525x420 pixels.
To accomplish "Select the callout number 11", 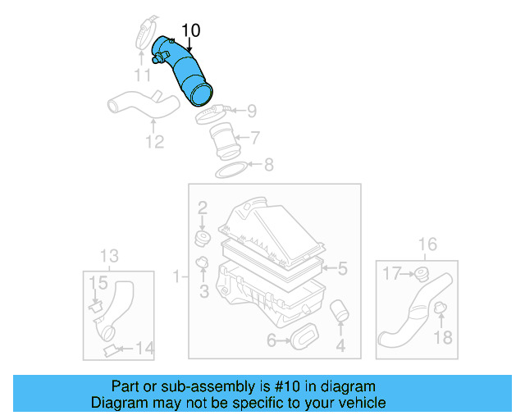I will [x=143, y=76].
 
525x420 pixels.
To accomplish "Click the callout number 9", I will [x=251, y=110].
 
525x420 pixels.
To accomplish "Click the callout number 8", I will [x=268, y=166].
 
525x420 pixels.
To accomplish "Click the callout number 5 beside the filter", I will [x=343, y=267].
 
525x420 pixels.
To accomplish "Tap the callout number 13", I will [x=109, y=254].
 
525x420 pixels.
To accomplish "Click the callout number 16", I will [x=427, y=244].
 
